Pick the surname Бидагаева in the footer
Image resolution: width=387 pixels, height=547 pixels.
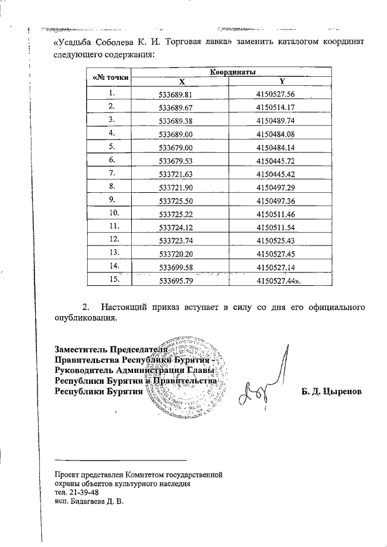(88, 501)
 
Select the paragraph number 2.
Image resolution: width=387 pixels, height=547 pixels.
(85, 307)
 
